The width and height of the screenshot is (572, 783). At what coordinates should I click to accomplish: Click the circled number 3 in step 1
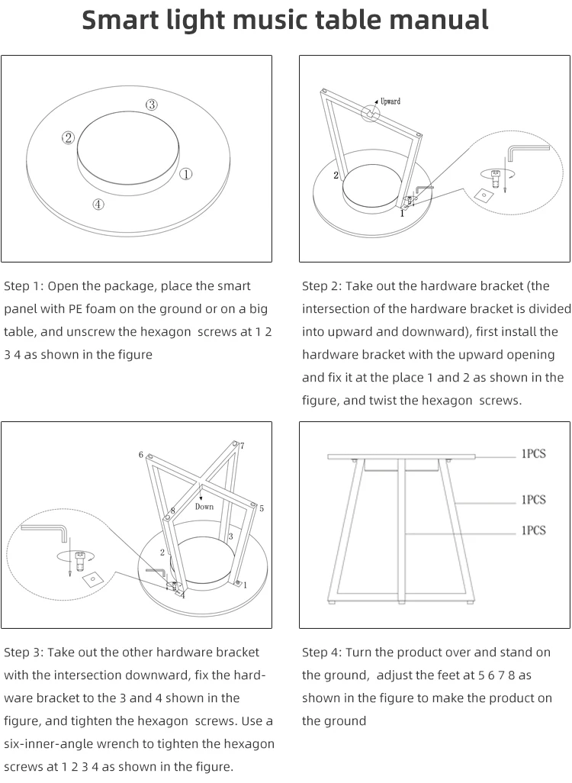pos(152,105)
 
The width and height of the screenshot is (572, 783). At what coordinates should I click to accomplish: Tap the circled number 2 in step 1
pos(68,137)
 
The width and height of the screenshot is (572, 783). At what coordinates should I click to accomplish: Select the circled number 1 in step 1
pos(185,174)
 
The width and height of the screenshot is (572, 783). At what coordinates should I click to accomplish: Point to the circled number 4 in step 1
pos(98,204)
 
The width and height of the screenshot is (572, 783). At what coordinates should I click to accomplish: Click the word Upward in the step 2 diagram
pos(390,101)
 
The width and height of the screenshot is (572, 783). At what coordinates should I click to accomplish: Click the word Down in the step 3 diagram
pos(204,506)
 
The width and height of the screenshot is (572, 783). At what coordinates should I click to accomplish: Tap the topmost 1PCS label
pos(533,454)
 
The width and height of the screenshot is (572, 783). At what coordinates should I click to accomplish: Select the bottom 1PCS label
pos(533,530)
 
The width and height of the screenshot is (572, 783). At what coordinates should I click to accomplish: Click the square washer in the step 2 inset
pos(483,195)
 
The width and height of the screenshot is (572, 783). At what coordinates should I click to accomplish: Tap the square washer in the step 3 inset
pos(93,578)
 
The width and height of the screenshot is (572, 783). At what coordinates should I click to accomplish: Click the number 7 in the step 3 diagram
pos(242,446)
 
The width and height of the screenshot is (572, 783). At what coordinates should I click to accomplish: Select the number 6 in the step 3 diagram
pos(141,455)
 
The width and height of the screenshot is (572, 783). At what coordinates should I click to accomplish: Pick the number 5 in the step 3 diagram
pos(261,508)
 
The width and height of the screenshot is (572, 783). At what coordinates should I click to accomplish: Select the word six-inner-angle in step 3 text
pos(46,744)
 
